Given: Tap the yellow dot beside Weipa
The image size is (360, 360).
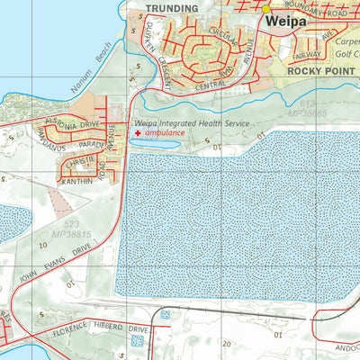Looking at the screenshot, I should point(266,9).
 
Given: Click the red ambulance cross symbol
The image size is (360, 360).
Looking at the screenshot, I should point(138,133).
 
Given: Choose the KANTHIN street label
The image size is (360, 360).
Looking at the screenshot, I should point(76,181).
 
